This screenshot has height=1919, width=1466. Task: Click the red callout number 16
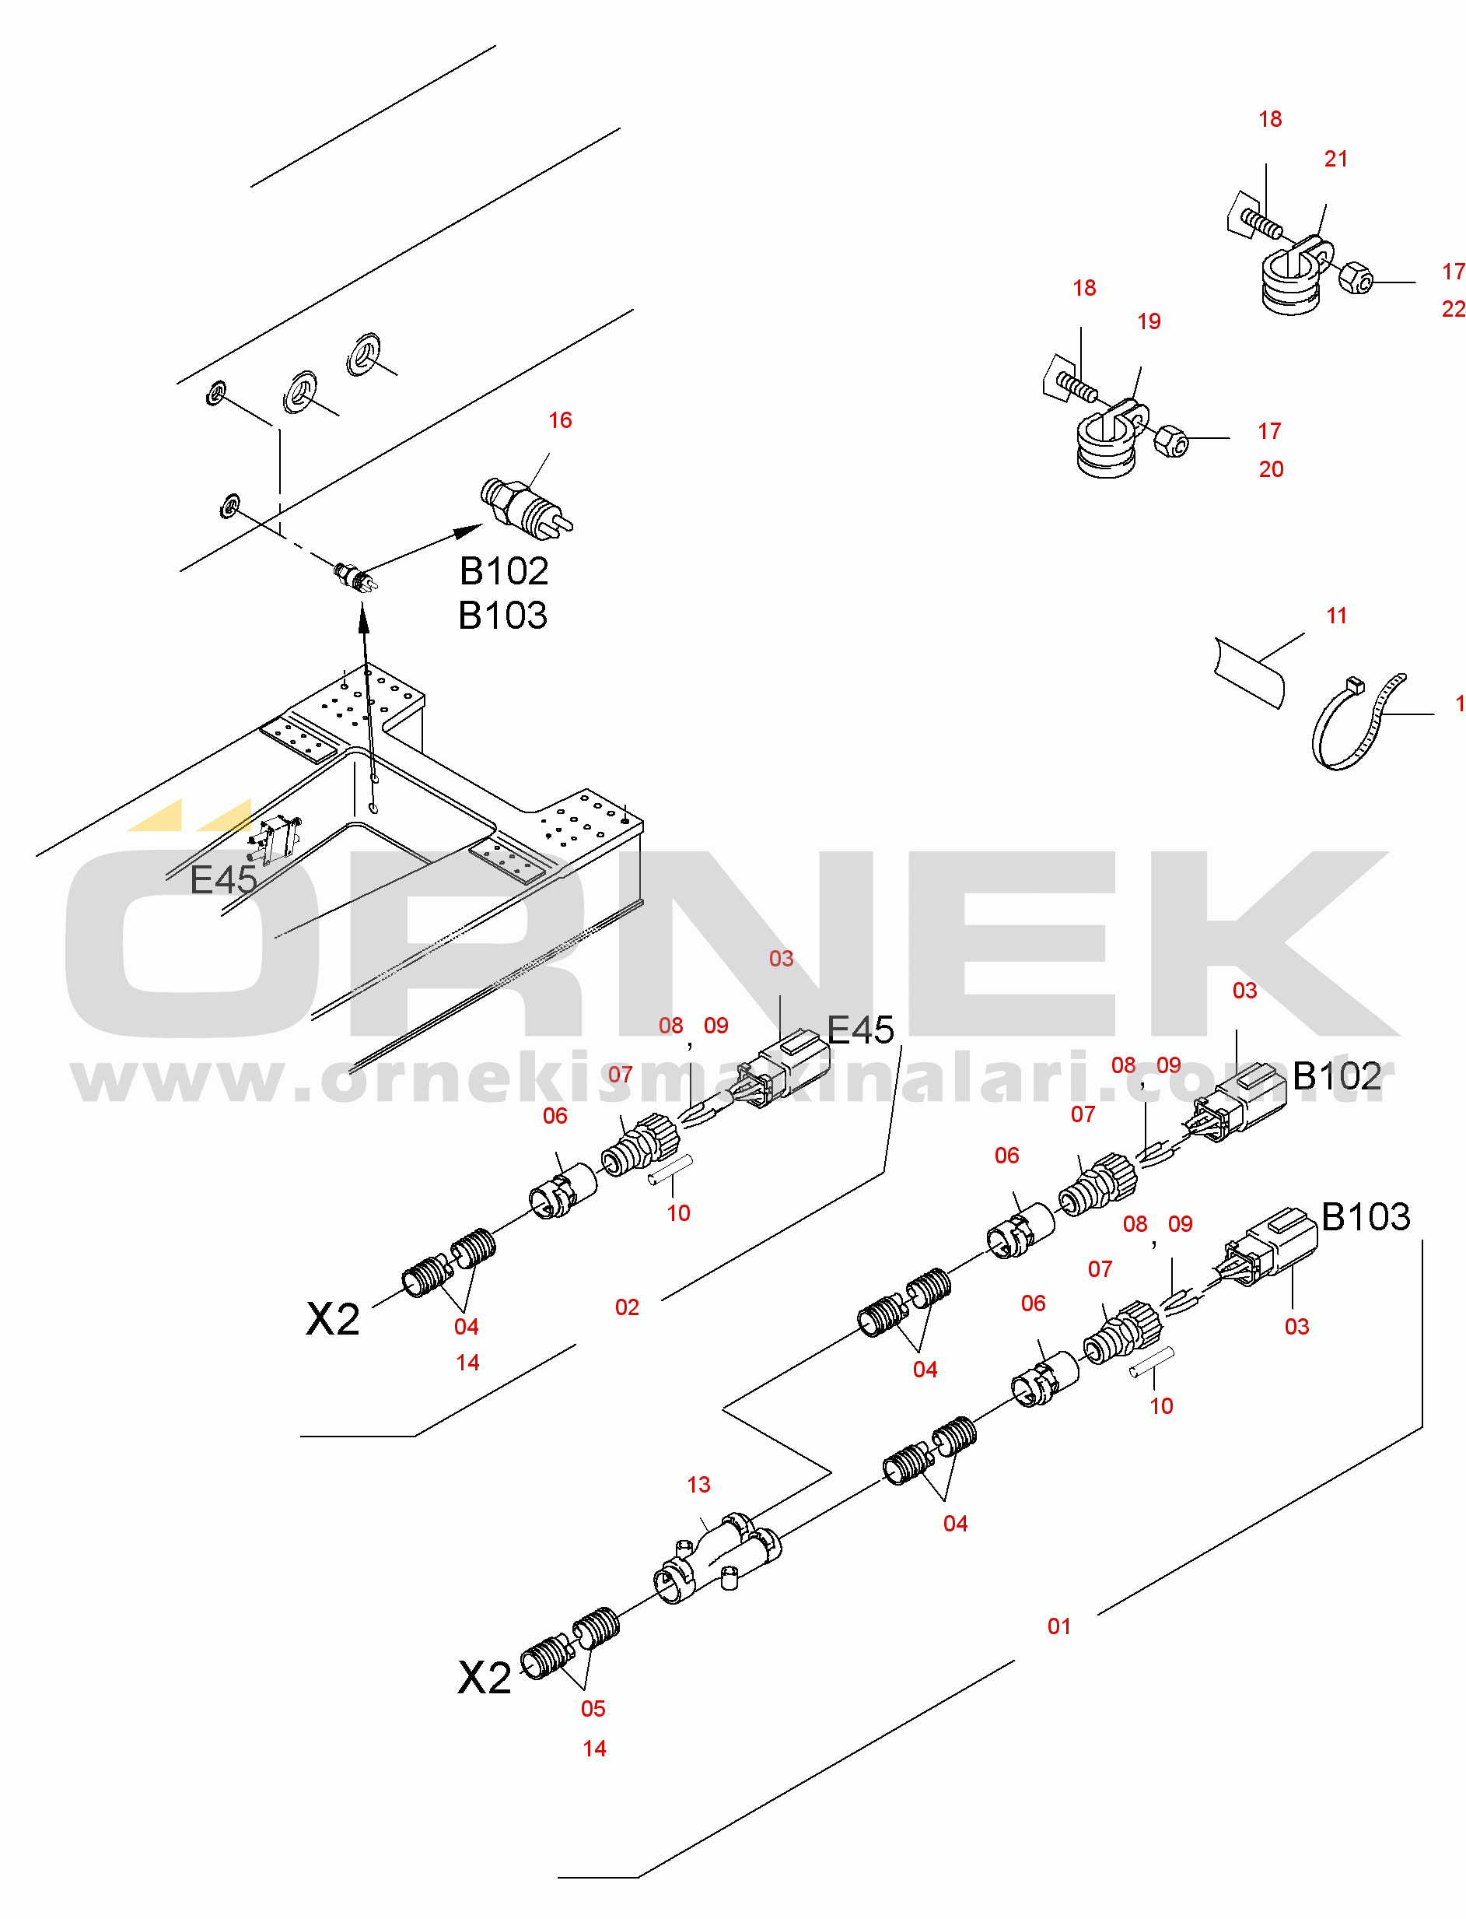point(559,421)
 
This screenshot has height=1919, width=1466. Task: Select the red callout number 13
point(698,1485)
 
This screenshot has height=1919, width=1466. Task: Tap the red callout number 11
point(1336,616)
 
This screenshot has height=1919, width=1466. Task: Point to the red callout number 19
point(1149,322)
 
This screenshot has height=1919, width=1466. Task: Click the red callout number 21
point(1335,160)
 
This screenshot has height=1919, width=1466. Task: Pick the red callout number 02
point(627,1308)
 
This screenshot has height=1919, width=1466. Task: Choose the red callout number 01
point(1058,1626)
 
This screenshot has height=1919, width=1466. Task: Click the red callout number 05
point(593,1710)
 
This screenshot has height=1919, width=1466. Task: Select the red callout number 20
point(1271,470)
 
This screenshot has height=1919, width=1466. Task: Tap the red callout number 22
point(1453,309)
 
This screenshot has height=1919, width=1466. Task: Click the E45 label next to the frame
point(223,880)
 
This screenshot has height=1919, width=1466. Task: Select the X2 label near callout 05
point(485,1678)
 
